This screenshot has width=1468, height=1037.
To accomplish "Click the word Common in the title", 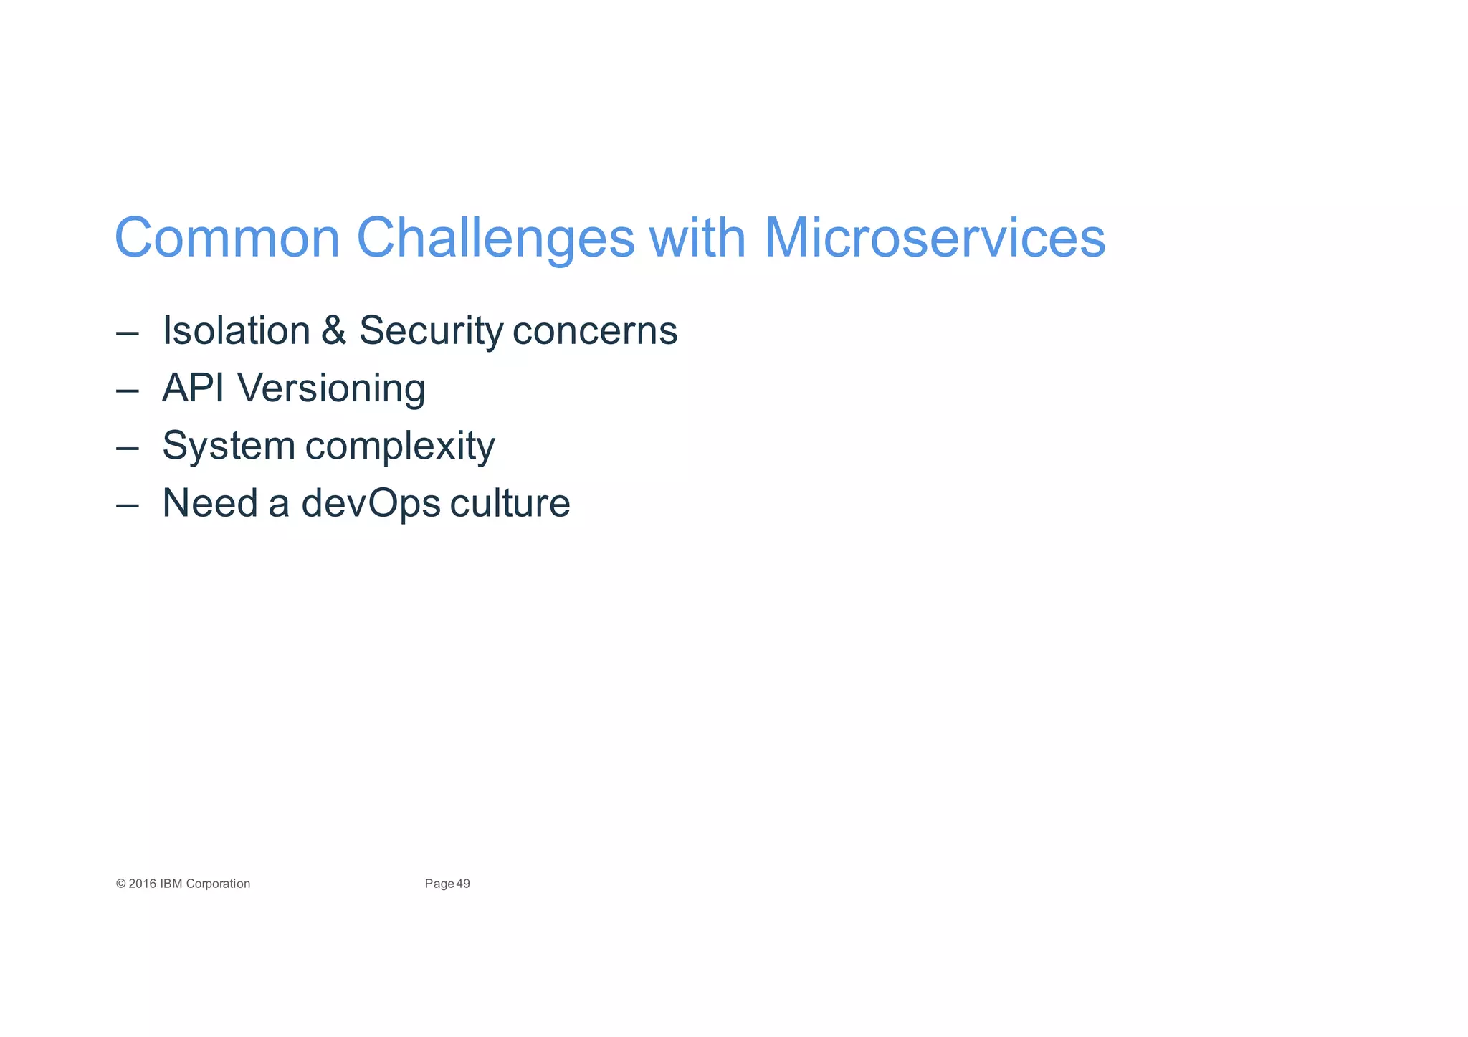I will click(227, 238).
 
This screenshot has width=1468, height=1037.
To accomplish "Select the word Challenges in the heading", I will click(495, 238).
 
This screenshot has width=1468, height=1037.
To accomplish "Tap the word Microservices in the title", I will click(934, 238).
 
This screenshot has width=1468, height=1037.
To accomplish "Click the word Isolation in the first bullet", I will click(237, 330).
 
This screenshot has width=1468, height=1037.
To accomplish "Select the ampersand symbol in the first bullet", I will click(333, 330).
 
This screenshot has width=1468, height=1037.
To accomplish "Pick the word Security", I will click(431, 332).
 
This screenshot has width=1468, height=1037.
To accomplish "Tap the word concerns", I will click(595, 332).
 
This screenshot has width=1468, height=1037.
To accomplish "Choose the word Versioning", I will click(331, 389).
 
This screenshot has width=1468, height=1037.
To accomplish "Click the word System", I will click(229, 446).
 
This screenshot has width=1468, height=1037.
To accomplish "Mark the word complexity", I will click(400, 446).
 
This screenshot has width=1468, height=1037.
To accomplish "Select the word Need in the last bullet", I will click(210, 503).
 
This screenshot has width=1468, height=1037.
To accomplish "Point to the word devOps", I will click(371, 504).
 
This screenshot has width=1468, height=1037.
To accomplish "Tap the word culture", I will click(510, 503).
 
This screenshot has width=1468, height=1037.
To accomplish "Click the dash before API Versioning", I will click(127, 391).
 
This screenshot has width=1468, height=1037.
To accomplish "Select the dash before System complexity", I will click(127, 448).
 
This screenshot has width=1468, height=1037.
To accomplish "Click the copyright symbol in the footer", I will click(120, 884).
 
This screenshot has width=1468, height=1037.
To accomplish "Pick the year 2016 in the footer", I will click(142, 884).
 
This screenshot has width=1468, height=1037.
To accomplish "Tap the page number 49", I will click(463, 884).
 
